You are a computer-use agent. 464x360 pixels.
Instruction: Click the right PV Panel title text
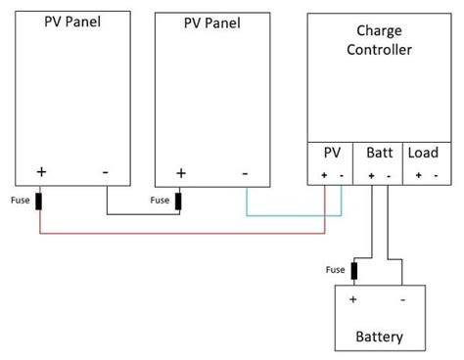pyautogui.click(x=211, y=22)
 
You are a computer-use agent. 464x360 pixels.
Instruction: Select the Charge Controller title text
pyautogui.click(x=379, y=40)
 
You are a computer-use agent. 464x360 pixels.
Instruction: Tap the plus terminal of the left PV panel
pyautogui.click(x=41, y=171)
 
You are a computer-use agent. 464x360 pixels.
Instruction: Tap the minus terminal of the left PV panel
pyautogui.click(x=105, y=171)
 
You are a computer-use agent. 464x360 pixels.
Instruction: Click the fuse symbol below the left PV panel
pyautogui.click(x=39, y=202)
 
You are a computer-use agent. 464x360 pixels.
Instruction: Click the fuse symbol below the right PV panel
pyautogui.click(x=179, y=201)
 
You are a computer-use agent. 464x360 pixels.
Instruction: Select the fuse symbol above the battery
pyautogui.click(x=353, y=270)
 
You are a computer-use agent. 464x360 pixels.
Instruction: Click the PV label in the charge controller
pyautogui.click(x=332, y=154)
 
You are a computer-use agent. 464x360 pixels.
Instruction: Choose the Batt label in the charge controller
pyautogui.click(x=379, y=154)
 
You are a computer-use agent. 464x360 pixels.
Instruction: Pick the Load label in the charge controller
pyautogui.click(x=424, y=154)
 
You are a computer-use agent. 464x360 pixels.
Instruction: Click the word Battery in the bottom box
pyautogui.click(x=380, y=337)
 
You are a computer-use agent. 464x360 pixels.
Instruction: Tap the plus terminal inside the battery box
pyautogui.click(x=353, y=298)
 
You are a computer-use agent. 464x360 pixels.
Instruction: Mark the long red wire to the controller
pyautogui.click(x=181, y=234)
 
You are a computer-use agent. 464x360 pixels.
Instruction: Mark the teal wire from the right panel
pyautogui.click(x=294, y=214)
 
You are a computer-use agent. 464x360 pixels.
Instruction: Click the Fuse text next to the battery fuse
pyautogui.click(x=333, y=270)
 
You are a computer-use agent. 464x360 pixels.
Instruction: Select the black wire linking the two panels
pyautogui.click(x=142, y=214)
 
